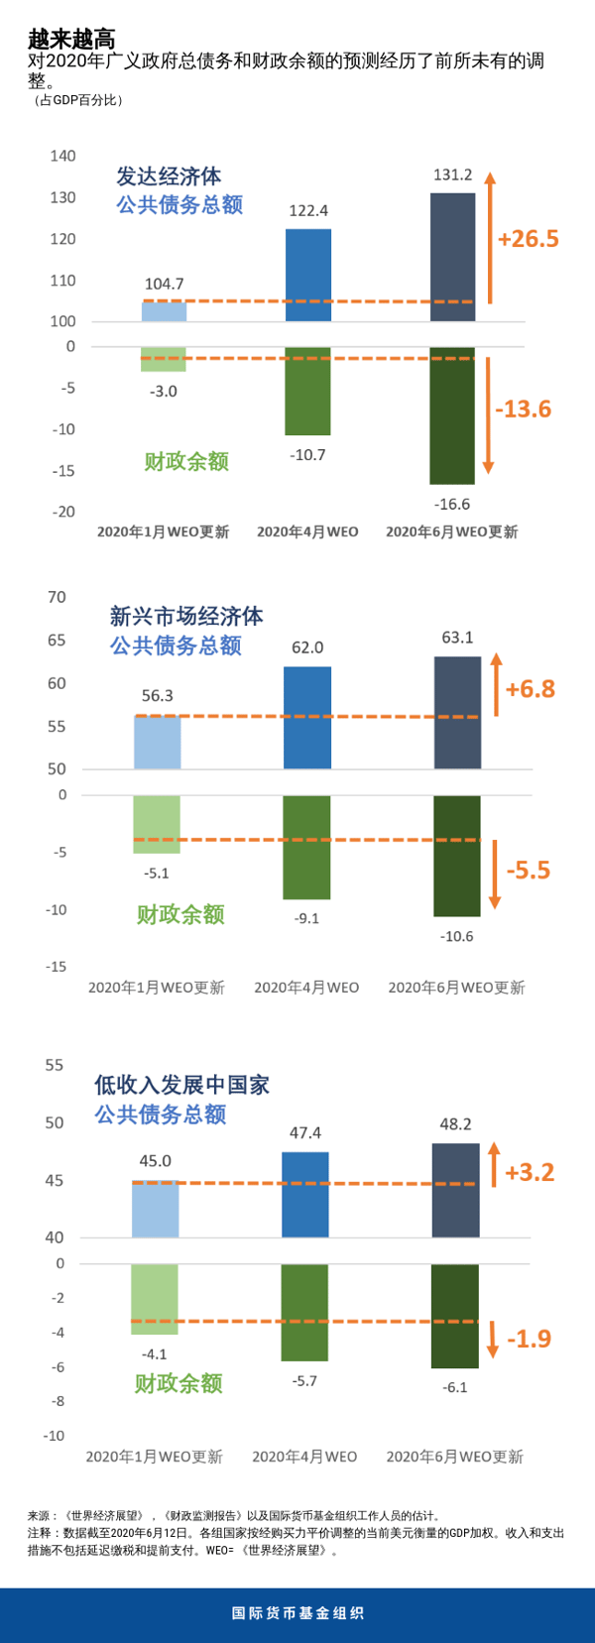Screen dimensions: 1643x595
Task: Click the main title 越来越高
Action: tap(71, 39)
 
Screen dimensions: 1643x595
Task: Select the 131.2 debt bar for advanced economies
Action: tap(452, 257)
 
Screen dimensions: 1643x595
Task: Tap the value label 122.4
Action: tap(308, 210)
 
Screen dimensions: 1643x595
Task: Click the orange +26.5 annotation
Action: tap(529, 239)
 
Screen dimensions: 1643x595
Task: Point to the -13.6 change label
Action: tap(523, 409)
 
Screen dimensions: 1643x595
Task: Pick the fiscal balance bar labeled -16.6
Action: tap(452, 415)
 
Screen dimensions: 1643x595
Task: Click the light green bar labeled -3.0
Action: tap(164, 359)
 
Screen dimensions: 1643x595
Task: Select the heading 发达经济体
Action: tap(169, 176)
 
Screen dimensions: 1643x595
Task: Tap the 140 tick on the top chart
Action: tap(62, 156)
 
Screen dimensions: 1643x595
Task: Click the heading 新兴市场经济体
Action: tap(186, 617)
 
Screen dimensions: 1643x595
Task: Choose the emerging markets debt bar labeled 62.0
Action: tap(307, 717)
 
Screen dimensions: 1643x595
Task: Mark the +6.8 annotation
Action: tap(531, 688)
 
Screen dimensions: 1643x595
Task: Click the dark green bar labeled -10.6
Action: tap(457, 856)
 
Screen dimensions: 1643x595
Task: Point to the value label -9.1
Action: tap(306, 918)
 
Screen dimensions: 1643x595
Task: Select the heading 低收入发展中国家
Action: tap(181, 1085)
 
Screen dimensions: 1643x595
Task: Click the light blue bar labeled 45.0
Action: tap(156, 1209)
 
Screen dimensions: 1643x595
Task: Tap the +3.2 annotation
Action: tap(530, 1172)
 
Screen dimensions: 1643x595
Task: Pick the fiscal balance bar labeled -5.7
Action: tap(304, 1312)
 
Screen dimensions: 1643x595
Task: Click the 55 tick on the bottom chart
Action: tap(54, 1065)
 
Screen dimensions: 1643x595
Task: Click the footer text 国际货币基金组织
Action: tap(297, 1613)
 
